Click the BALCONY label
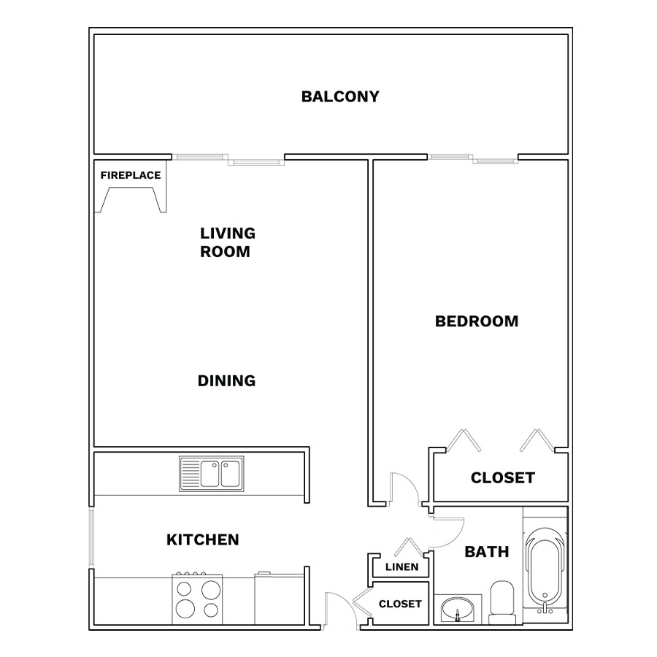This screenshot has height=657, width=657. coord(340,97)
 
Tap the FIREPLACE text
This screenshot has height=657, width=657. coord(131,175)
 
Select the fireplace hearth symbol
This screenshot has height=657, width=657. coord(131,199)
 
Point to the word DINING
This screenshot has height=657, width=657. coord(227,381)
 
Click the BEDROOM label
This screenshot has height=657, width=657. coord(477,321)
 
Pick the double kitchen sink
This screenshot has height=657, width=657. coord(212,474)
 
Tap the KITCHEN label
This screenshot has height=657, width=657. coord(203,539)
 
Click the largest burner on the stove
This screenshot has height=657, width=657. coord(185,608)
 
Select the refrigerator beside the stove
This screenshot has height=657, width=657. coord(279,599)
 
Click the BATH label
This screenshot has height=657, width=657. coord(487,552)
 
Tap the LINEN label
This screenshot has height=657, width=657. coord(401,567)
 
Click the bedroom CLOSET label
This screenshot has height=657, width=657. coord(503,477)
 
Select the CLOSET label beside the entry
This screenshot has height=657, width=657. coord(400,604)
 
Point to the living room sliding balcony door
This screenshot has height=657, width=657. coord(228,159)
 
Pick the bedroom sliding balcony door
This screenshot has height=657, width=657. coord(472,159)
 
